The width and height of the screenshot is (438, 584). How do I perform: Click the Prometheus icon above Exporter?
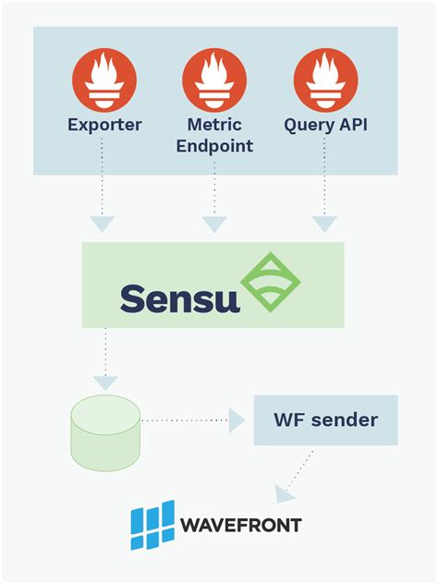pos(104,80)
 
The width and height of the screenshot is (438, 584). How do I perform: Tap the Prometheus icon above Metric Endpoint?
pos(214,80)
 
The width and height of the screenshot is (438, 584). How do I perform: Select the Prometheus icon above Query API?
pos(325,80)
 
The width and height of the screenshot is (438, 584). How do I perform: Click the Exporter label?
pos(104,125)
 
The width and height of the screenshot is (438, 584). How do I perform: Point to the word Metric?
pos(214,125)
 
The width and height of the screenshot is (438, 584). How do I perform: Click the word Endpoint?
pos(214,146)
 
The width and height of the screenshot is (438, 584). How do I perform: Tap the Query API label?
pos(325,125)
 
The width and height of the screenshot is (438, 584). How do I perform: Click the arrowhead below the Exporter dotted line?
pos(103,224)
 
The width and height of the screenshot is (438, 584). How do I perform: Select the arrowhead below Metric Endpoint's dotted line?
pos(214,224)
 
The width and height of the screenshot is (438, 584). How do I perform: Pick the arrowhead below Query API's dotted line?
pos(324,224)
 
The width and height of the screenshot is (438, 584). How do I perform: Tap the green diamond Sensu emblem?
pos(271,282)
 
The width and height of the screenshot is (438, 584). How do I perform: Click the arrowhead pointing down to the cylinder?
pos(106,381)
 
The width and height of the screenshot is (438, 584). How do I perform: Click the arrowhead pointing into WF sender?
pos(237,420)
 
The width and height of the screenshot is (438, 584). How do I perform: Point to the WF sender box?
pos(325,420)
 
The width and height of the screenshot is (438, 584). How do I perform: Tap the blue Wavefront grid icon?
pos(152,526)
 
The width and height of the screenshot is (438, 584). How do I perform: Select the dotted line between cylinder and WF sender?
pos(185,420)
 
